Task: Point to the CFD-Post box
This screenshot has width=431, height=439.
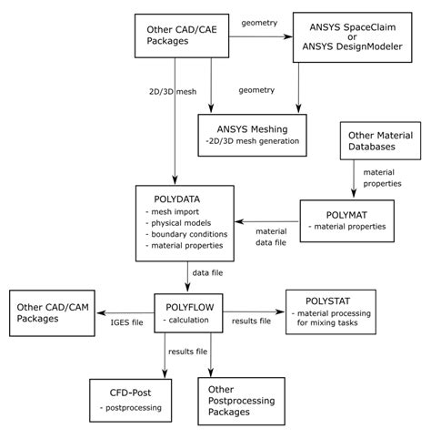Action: [130, 401]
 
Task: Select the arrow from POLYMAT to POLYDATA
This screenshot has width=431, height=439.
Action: [268, 219]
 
